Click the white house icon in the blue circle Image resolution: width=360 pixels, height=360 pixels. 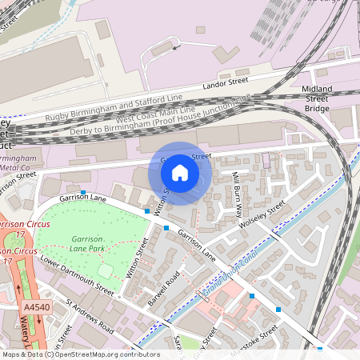coord(180,172)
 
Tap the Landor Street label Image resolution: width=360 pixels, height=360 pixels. coord(226,82)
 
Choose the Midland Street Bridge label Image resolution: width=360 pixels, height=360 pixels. coord(316,98)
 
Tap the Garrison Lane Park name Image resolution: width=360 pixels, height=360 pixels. coord(89,244)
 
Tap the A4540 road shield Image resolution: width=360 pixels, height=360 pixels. coord(36,306)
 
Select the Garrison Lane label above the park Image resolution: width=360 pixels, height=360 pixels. coord(82,198)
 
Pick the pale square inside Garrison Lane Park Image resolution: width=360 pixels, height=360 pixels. coord(106,271)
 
